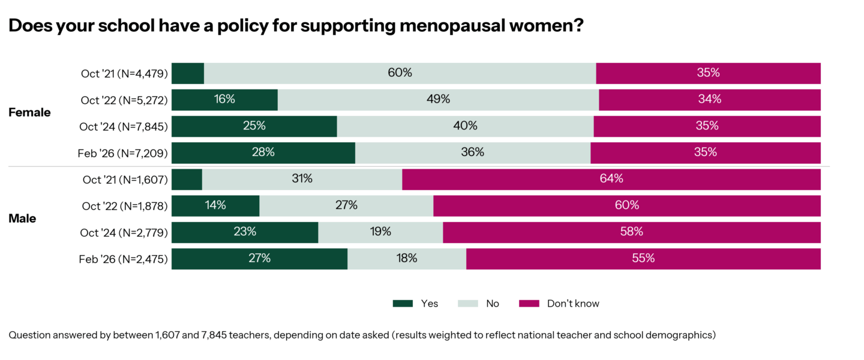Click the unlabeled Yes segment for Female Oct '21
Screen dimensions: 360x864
tap(188, 73)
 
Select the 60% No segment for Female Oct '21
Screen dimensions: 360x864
tap(400, 73)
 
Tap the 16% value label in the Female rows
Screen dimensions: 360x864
tap(224, 100)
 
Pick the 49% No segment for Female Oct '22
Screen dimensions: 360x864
tap(438, 100)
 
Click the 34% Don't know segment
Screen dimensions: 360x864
tap(709, 100)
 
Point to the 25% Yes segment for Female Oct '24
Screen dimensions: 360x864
tap(254, 126)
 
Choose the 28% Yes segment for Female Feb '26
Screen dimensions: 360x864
tap(263, 152)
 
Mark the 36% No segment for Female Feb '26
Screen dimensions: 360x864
tap(473, 152)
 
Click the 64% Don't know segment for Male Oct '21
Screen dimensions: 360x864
tap(611, 179)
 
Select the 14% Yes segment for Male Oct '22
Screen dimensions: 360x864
tap(215, 205)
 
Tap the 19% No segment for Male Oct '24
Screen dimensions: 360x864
tap(380, 232)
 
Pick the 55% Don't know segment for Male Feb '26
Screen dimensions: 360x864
tap(643, 258)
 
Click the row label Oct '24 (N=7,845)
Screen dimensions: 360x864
tap(124, 127)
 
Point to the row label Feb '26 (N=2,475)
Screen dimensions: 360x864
tap(123, 259)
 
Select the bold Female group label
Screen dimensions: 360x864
tap(29, 113)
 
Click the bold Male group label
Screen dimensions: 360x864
tap(22, 218)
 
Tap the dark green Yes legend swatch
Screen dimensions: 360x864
tap(403, 304)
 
